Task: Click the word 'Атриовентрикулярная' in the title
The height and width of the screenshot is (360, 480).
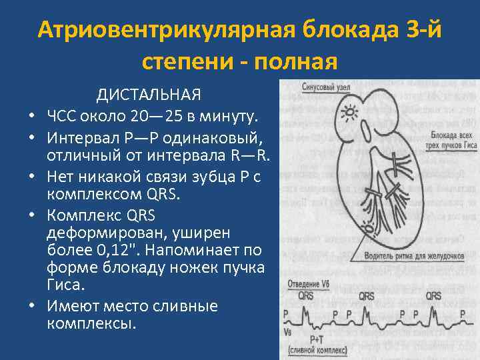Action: point(167,30)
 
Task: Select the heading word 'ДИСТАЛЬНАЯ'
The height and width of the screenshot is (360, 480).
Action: point(149,94)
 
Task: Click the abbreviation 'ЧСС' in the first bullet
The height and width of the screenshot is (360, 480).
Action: point(65,117)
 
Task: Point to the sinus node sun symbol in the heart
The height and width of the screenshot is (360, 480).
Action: point(347,112)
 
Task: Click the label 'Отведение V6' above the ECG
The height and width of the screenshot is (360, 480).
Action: point(308,284)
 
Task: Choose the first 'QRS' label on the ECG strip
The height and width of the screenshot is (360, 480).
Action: point(307,295)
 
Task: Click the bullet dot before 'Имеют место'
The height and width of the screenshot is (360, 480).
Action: point(33,307)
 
